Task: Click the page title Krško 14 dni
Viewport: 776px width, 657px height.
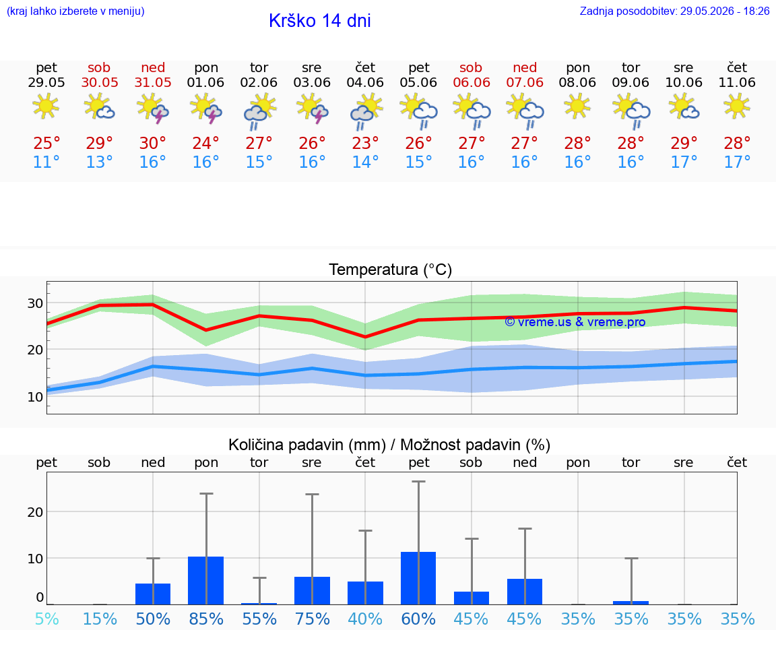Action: click(x=320, y=21)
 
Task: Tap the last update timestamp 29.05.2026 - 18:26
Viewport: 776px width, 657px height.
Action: click(x=725, y=11)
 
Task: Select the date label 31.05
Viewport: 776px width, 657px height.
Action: click(x=153, y=82)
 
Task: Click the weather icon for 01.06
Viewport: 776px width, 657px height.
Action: click(x=206, y=108)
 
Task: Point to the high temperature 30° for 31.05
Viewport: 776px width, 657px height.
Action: click(x=152, y=143)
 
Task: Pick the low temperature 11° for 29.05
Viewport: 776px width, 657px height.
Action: click(x=46, y=162)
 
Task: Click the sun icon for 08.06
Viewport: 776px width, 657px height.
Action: click(x=577, y=106)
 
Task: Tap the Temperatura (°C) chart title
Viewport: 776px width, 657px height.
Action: click(x=391, y=270)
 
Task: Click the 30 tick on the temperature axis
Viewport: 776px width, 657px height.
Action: click(x=35, y=303)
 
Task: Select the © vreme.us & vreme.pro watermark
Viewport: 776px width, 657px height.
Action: click(x=575, y=322)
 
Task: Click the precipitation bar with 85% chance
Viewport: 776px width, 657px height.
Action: click(x=206, y=580)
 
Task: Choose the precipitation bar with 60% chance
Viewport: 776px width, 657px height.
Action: click(x=418, y=577)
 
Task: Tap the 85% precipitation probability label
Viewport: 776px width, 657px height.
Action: click(x=206, y=619)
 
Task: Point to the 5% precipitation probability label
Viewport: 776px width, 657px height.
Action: click(x=47, y=619)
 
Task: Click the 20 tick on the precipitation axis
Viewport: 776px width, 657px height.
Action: click(x=35, y=512)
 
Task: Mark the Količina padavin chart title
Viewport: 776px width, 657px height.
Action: click(x=389, y=445)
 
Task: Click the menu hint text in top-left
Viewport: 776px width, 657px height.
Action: click(x=75, y=11)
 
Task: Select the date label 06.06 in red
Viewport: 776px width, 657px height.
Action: click(x=472, y=82)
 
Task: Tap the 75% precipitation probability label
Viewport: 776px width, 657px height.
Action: click(x=313, y=619)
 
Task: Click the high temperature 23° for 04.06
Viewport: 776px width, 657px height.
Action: click(x=365, y=143)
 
